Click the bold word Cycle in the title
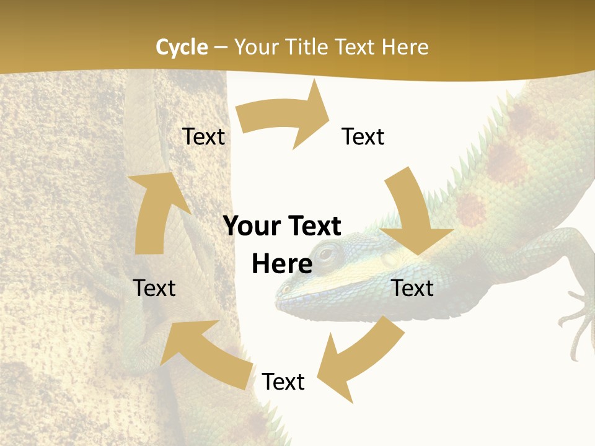(x=182, y=47)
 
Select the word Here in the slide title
(x=405, y=47)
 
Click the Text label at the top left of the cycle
(x=203, y=136)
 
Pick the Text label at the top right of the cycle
(x=363, y=136)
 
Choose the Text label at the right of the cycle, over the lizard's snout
(x=413, y=288)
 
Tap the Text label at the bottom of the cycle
(x=283, y=382)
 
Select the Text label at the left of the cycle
(x=154, y=288)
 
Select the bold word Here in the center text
(x=282, y=264)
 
